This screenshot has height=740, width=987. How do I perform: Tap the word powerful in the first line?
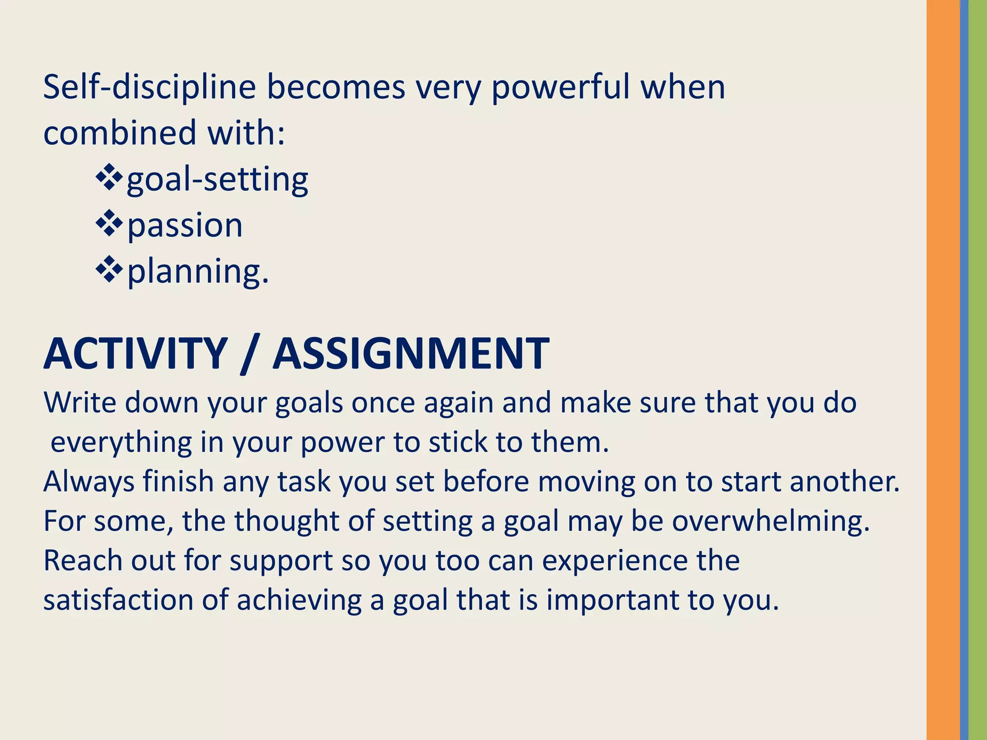point(560,88)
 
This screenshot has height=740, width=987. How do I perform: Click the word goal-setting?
point(217,179)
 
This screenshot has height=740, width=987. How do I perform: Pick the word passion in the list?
point(185,225)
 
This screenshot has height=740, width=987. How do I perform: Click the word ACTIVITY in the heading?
point(135,354)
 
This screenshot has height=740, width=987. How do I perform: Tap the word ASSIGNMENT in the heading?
point(411,354)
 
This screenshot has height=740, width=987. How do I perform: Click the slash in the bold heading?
point(250,355)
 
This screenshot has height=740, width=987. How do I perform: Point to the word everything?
point(121,442)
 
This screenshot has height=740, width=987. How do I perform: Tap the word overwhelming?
point(771,521)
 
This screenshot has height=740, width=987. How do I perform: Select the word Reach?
point(82,560)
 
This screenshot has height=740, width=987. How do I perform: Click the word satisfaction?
point(118,600)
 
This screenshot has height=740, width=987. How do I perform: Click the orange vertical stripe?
point(943,370)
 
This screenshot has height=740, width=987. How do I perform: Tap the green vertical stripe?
point(978,370)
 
